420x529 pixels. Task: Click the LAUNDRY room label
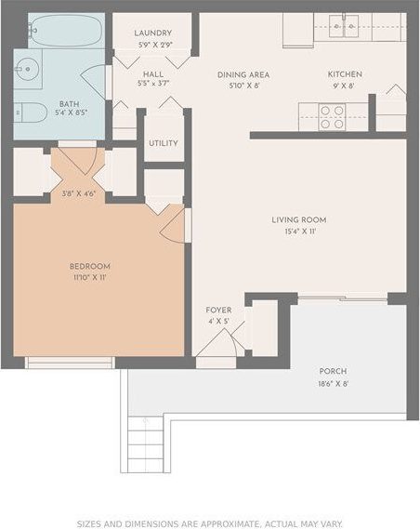tap(153, 32)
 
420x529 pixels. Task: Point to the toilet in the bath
tap(31, 112)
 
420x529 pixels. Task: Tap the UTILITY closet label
tap(163, 143)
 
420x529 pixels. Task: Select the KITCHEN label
tap(344, 74)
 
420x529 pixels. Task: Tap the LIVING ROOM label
tap(298, 219)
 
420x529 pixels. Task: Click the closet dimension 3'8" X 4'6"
tap(79, 193)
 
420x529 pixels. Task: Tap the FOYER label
tap(218, 310)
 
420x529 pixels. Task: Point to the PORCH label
tap(332, 371)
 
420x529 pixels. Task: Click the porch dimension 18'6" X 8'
tap(332, 383)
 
